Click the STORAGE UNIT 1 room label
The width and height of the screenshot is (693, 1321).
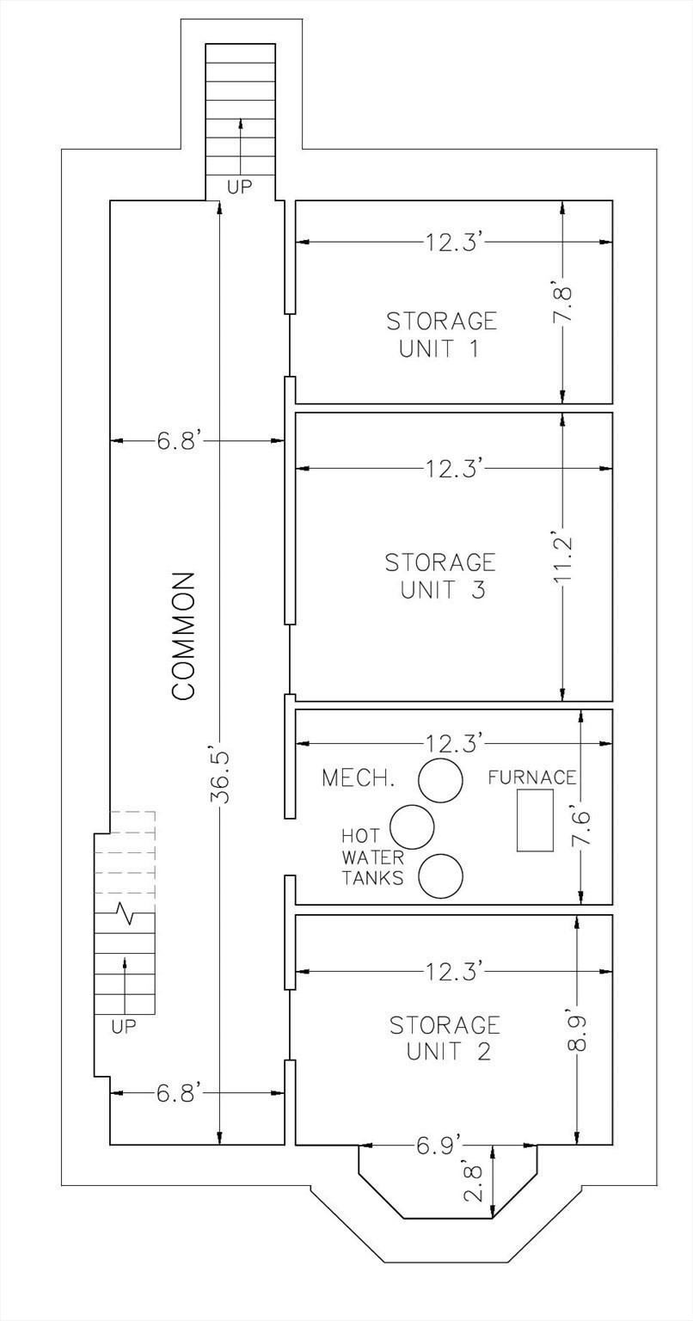[441, 335]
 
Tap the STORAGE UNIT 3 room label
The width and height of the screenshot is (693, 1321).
[440, 576]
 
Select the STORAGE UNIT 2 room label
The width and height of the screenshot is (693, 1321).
[445, 1038]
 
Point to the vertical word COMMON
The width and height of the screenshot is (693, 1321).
[185, 636]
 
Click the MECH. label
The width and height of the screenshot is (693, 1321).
[359, 778]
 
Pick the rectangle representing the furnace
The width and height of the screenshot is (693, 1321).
[535, 820]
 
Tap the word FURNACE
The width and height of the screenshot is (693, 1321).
[531, 777]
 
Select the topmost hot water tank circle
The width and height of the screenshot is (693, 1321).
[440, 780]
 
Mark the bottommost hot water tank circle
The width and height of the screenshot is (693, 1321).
[440, 876]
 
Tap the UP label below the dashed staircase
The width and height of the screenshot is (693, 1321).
[124, 1026]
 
